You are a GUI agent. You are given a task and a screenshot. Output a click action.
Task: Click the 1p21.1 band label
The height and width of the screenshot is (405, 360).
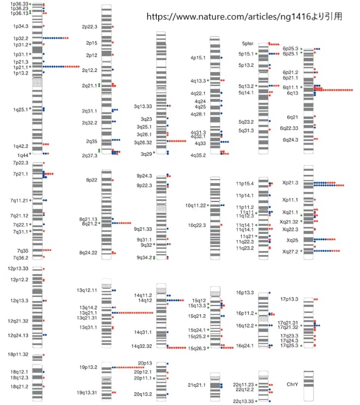point(21,67)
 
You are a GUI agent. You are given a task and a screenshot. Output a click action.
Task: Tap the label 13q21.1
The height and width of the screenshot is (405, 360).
point(87,313)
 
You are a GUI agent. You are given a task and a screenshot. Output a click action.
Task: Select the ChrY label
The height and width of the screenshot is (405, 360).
point(292,385)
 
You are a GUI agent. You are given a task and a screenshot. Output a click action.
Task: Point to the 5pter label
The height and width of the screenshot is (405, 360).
point(248,44)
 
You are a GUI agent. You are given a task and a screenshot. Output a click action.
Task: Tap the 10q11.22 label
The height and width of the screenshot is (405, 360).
point(195,205)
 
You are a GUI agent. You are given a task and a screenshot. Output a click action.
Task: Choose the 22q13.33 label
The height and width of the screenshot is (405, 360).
point(243,401)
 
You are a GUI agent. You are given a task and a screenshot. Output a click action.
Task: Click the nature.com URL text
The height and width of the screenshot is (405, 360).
point(244,16)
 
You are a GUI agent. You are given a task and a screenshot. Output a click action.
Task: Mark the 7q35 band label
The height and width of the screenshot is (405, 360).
point(22,250)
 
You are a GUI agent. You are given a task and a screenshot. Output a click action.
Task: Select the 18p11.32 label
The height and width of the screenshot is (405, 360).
point(19,355)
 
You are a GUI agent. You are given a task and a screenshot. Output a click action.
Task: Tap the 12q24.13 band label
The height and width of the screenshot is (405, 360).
point(18,335)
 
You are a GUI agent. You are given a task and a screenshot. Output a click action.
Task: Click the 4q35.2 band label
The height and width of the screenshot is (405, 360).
point(198,155)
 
